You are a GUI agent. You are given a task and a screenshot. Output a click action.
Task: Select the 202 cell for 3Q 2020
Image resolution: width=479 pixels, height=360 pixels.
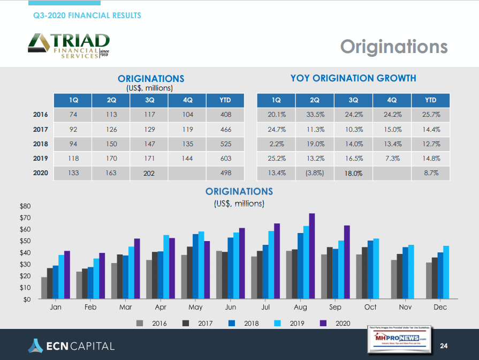[x=149, y=173]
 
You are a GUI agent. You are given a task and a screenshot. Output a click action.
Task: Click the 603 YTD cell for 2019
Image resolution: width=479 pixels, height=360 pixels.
[x=225, y=159]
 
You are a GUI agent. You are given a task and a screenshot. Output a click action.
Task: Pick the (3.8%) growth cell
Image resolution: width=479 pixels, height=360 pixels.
[x=315, y=173]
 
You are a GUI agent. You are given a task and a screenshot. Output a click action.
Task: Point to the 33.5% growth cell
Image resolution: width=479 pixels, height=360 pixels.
[x=315, y=115]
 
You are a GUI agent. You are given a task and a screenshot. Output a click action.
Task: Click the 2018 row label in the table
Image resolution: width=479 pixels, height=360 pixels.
[x=41, y=144]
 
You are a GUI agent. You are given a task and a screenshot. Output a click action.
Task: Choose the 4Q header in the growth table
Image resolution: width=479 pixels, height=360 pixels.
[x=392, y=100]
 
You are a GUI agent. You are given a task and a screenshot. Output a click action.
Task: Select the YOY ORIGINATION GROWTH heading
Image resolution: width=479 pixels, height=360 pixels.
[x=353, y=78]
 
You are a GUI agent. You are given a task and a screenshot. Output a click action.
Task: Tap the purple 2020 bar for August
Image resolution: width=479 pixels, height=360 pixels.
[x=312, y=256]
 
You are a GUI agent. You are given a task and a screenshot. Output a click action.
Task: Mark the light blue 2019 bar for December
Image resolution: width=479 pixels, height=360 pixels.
[x=446, y=272]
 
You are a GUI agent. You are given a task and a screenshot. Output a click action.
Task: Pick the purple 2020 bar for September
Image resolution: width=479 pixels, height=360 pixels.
[x=347, y=262]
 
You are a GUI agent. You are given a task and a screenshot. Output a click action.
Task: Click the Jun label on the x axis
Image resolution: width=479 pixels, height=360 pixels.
[x=231, y=307]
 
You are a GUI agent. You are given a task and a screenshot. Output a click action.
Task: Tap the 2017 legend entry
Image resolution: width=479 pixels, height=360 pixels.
[x=200, y=323]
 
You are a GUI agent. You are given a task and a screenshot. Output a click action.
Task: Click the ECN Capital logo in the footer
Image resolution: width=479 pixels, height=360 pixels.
[x=71, y=346]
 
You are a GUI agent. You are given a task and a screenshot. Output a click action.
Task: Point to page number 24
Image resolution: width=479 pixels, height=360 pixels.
[x=444, y=346]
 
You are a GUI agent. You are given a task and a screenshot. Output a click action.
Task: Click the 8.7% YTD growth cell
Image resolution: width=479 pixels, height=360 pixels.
[x=431, y=173]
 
